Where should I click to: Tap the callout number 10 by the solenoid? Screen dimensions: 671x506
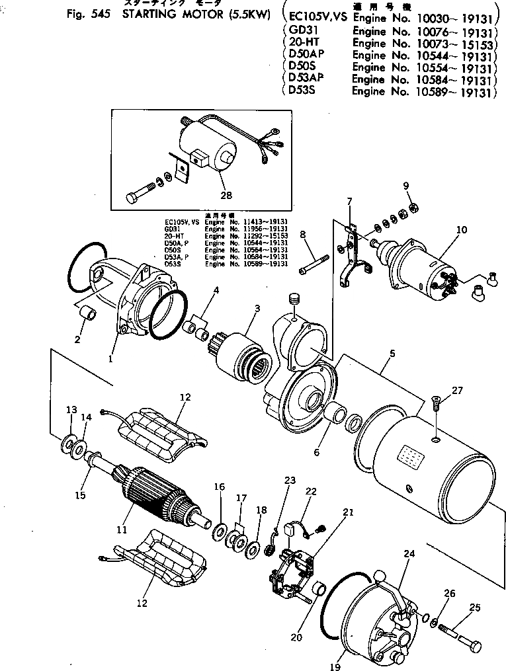click(461, 229)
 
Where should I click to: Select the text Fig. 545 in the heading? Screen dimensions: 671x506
click(89, 14)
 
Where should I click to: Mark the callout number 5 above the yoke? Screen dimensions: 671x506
click(392, 354)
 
